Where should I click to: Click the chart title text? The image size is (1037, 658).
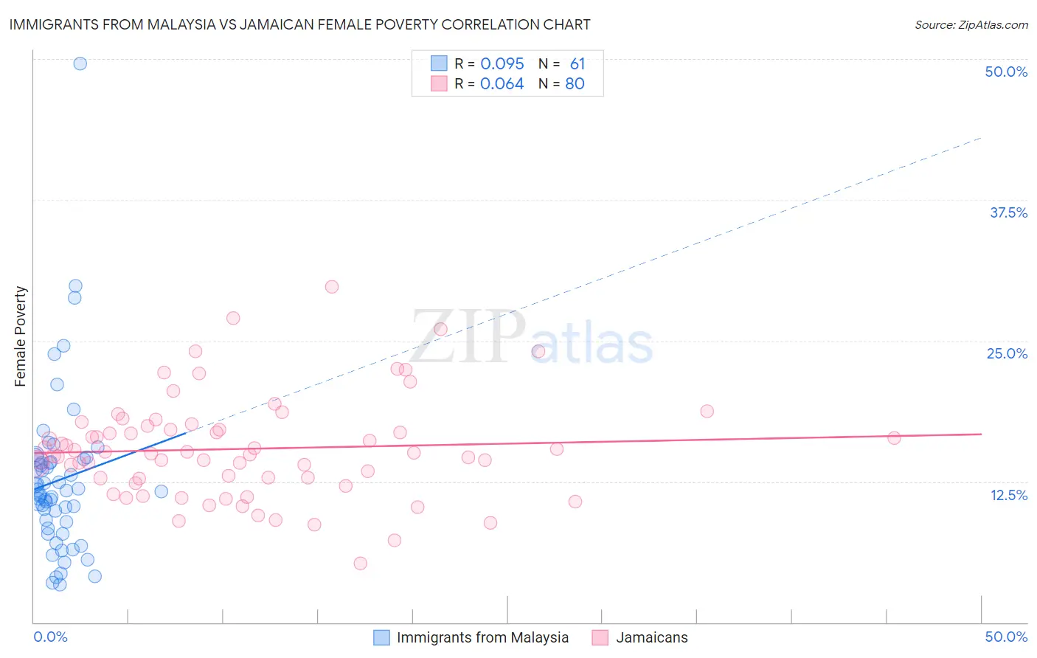pos(299,24)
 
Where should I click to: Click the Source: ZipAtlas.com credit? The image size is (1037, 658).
pos(971,25)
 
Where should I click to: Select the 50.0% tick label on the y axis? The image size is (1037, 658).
pos(1006,72)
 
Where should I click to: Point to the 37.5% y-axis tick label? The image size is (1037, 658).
pos(1008,212)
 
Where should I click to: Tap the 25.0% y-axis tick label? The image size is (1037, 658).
pos(1007,353)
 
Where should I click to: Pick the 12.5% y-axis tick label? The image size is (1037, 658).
pos(1008,495)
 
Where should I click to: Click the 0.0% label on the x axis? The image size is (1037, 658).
pos(50,637)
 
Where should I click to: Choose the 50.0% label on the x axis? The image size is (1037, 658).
pos(1006,637)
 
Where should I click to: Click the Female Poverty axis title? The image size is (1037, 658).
pos(21,336)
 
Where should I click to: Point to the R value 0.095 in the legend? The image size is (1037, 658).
pos(502,63)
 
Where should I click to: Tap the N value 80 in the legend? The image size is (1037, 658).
pos(575,83)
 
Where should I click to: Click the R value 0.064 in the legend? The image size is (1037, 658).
pos(502,83)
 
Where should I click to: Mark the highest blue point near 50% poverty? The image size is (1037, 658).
pos(80,63)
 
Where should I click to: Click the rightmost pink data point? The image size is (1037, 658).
pos(894,438)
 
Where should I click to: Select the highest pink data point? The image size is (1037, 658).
pos(332,287)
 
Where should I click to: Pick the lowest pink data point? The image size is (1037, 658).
pos(361,564)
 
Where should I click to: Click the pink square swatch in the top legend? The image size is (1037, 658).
pos(439,83)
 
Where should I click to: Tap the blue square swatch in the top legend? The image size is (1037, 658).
pos(439,63)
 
